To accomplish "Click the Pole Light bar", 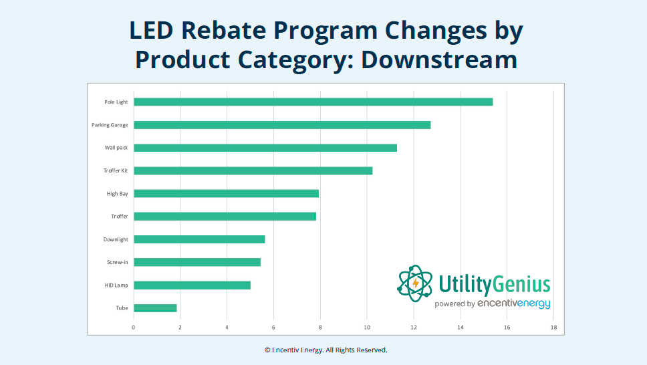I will (x=313, y=102).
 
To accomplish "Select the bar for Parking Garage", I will (x=281, y=125).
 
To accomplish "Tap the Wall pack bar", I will (x=265, y=148).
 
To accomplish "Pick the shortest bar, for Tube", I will (x=155, y=308).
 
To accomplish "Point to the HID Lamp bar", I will (x=192, y=285).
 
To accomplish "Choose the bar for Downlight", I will (x=199, y=239).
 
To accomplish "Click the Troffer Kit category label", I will (x=116, y=170).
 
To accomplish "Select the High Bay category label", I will (x=118, y=194).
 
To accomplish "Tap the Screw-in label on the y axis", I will (x=118, y=262).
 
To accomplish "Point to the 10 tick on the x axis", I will (x=367, y=327).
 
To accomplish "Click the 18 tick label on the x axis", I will (x=553, y=327).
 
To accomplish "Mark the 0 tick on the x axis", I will (x=134, y=327).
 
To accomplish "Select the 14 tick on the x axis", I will (x=461, y=327).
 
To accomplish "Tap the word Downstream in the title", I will (x=439, y=59).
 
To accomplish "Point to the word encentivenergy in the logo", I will (x=513, y=304).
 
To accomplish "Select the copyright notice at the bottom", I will (x=326, y=350).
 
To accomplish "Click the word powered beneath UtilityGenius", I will (x=455, y=304).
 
